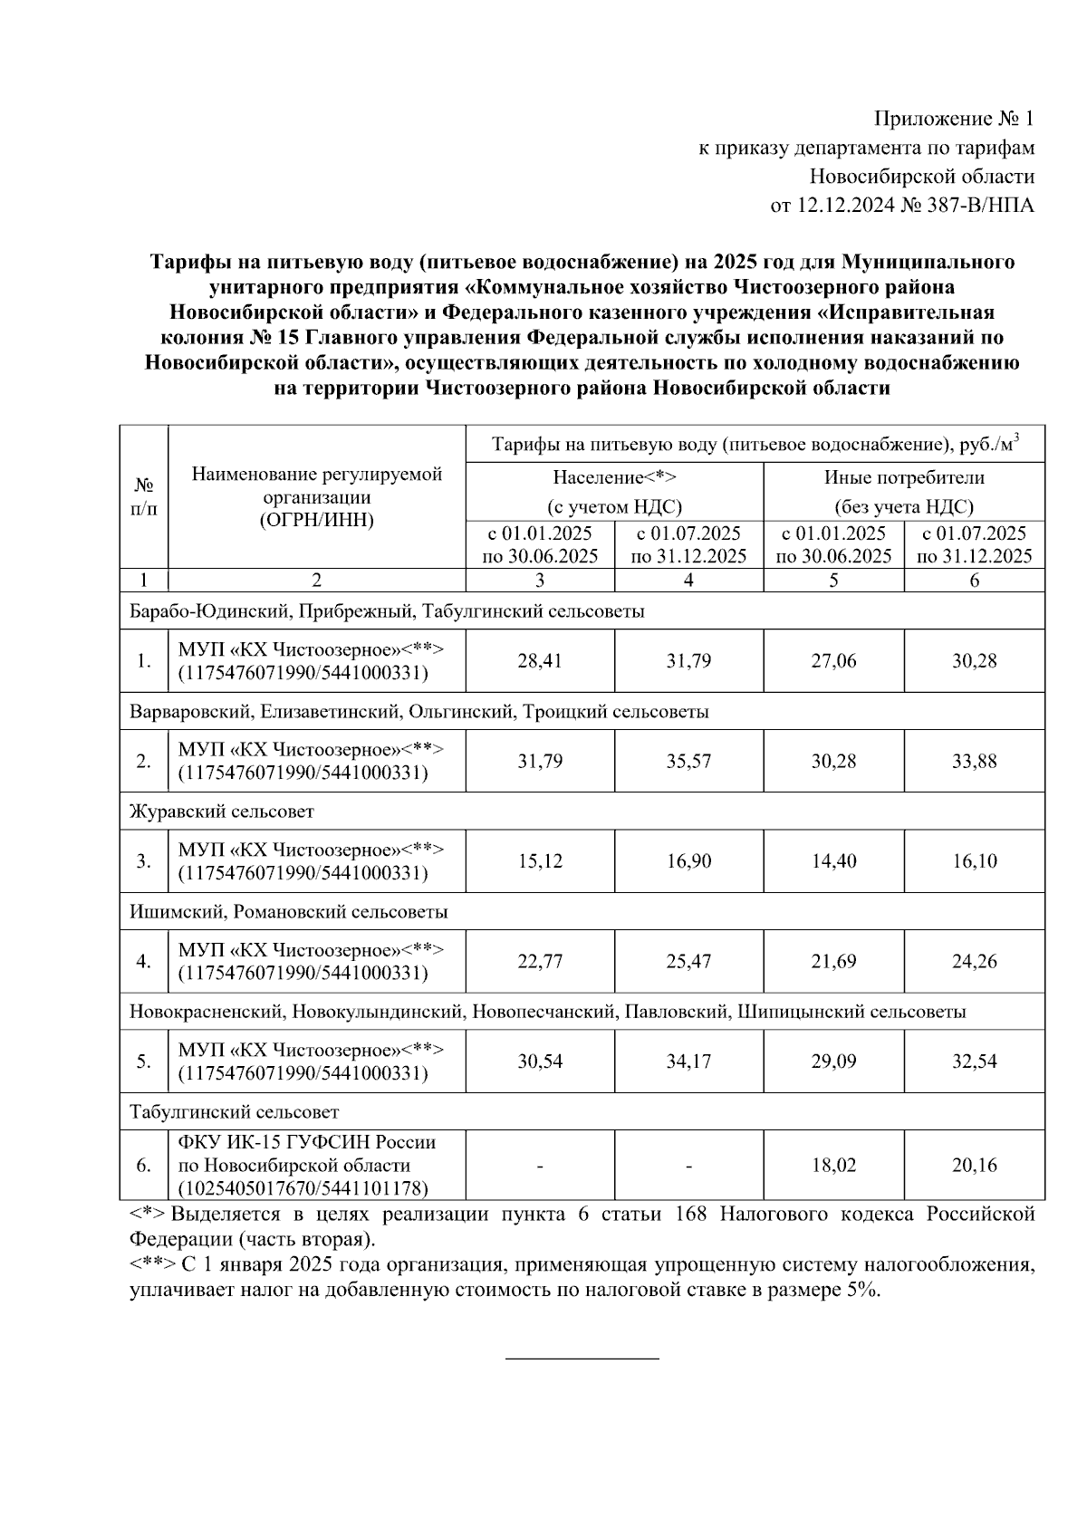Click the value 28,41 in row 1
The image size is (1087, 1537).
540,661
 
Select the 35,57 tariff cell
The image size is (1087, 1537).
688,761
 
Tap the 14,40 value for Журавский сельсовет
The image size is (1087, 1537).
833,861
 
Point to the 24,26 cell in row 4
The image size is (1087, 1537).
974,961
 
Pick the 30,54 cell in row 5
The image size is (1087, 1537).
540,1061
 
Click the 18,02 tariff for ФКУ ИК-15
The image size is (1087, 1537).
833,1165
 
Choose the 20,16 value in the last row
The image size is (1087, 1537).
974,1165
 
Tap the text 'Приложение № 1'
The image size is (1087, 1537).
953,119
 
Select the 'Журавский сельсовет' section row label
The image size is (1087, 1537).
222,812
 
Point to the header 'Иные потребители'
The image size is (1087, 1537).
904,477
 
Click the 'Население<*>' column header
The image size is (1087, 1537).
615,477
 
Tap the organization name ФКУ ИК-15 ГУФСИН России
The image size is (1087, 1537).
307,1142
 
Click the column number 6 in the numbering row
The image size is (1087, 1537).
974,581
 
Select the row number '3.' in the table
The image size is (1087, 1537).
144,861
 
